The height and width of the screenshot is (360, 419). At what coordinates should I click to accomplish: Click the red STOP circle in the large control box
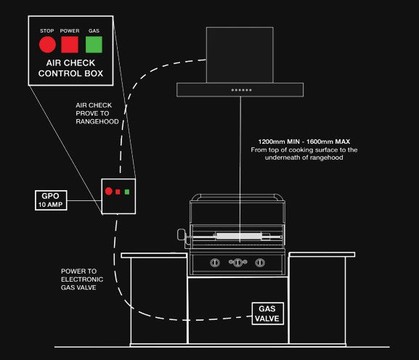pos(47,44)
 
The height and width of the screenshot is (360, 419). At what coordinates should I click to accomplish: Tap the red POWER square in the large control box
pos(70,44)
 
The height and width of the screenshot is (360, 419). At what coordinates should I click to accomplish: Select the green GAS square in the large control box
pos(94,44)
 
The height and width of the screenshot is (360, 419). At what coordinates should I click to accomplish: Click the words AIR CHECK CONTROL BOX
pos(70,68)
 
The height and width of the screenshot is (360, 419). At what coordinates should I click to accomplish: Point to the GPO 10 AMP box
pos(51,200)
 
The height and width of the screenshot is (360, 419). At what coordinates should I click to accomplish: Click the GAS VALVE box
pos(267,314)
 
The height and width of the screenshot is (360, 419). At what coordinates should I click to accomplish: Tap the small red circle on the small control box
pos(108,191)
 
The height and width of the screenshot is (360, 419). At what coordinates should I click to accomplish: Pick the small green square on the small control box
pos(127,192)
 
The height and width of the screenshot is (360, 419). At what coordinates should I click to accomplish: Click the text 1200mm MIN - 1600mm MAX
pos(304,142)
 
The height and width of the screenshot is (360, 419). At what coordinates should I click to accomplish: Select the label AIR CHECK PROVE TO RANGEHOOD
pos(97,113)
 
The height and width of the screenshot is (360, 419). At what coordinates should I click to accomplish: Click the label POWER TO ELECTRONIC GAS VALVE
pos(82,279)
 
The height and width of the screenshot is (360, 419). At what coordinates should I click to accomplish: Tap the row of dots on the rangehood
pos(242,90)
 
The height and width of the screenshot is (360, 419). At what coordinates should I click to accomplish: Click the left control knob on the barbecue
pos(215,263)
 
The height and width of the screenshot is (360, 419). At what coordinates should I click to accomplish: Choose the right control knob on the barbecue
pos(260,263)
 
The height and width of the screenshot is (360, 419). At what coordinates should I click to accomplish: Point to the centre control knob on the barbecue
pos(238,263)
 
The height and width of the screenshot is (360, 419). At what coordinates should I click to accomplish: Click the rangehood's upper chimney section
pos(240,54)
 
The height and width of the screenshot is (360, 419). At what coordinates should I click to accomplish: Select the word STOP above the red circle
pos(47,31)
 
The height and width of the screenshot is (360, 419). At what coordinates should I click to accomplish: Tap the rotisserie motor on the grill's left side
pos(182,236)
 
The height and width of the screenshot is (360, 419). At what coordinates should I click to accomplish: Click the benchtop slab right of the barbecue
pos(322,255)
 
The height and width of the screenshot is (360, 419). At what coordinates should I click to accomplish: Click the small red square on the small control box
pos(118,192)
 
